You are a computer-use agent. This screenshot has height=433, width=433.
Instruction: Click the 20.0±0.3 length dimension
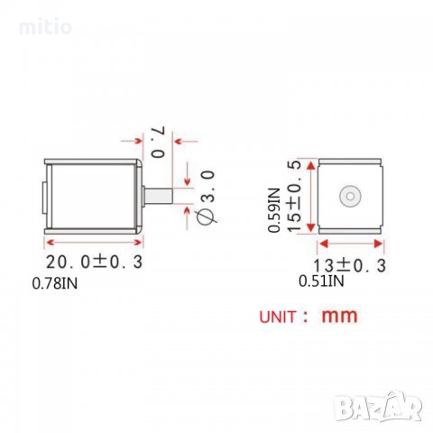pos(94,262)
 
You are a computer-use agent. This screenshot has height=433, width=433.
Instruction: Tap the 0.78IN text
pos(55,283)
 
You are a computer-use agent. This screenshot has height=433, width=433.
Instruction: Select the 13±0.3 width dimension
pos(349,265)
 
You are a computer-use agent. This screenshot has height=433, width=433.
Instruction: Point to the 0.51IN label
pos(321,281)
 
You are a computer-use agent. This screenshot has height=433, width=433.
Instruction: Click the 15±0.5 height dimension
pos(294,196)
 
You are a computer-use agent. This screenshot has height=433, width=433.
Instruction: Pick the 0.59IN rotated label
pos(274,210)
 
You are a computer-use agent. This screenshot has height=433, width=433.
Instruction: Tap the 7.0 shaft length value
pos(158,142)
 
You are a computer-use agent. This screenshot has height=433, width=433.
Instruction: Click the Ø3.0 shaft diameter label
pos(207,197)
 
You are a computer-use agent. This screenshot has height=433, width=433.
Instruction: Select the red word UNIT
pos(278,318)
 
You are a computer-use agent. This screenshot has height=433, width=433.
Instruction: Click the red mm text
pos(340,316)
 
